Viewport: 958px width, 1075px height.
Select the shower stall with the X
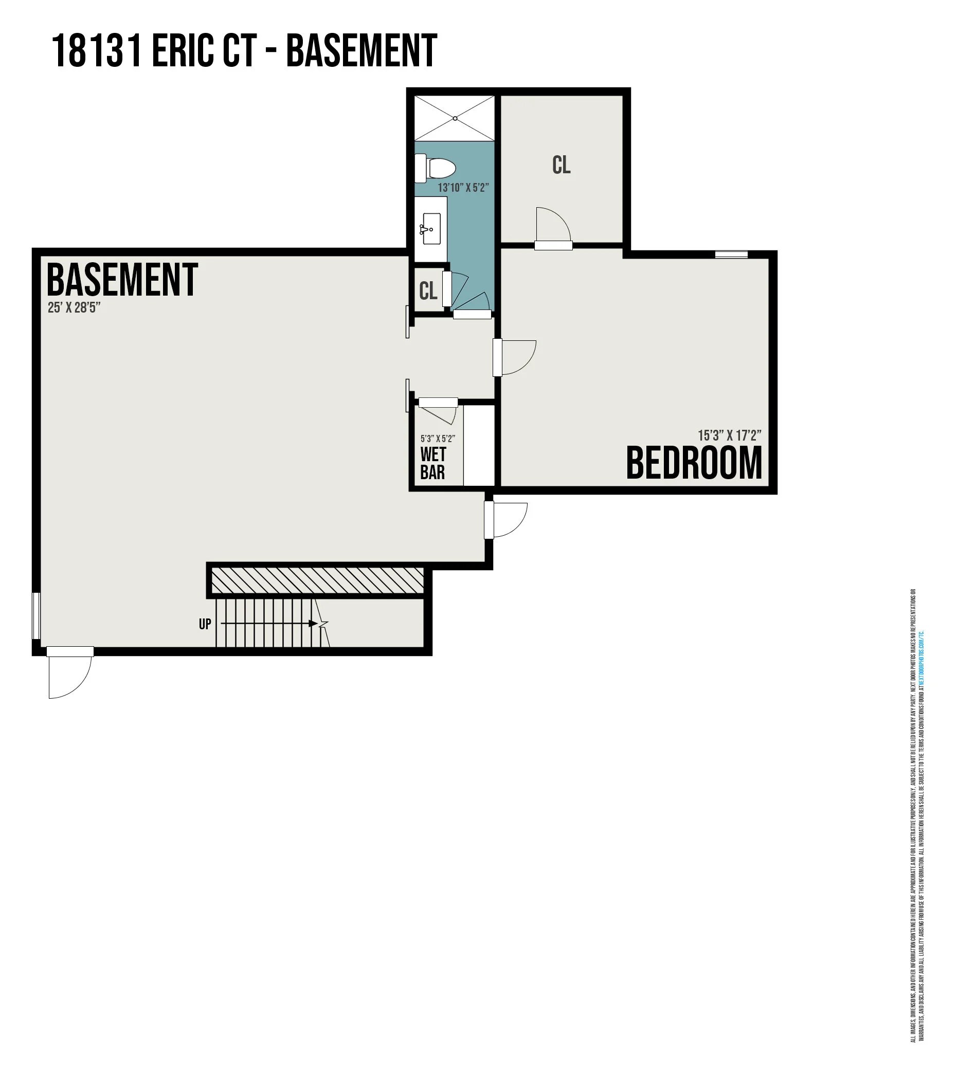click(x=454, y=118)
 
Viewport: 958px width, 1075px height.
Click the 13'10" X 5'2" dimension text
click(x=463, y=187)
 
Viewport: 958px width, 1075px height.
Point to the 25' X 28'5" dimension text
click(x=74, y=308)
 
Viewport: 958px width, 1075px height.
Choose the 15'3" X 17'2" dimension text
click(x=729, y=435)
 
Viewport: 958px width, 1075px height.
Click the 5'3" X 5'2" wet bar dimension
click(x=438, y=439)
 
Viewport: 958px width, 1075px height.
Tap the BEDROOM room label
click(x=694, y=463)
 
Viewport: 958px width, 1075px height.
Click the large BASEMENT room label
click(x=122, y=281)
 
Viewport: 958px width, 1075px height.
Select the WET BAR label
click(x=432, y=463)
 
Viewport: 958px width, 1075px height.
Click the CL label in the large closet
click(x=561, y=165)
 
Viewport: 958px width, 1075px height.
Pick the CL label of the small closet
click(x=428, y=290)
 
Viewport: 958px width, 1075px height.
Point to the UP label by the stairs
click(x=205, y=624)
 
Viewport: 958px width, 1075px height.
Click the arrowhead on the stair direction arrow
click(x=313, y=624)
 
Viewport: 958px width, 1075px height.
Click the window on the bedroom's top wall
click(x=731, y=254)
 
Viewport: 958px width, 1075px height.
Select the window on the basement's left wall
click(x=37, y=615)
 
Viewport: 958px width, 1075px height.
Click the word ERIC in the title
click(x=183, y=50)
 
